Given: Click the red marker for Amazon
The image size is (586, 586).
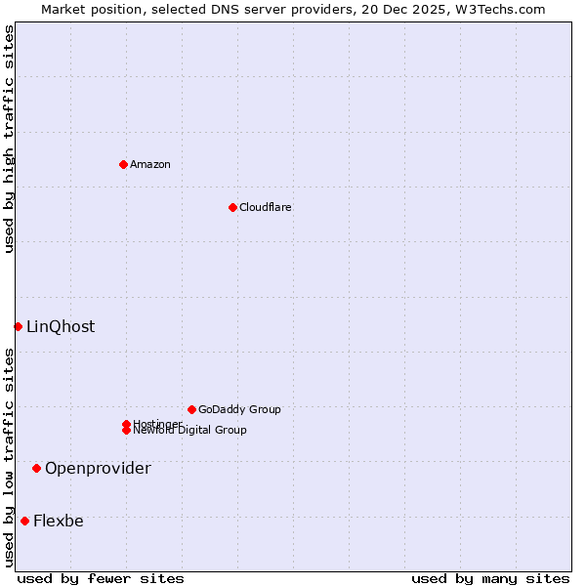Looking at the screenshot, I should [123, 164].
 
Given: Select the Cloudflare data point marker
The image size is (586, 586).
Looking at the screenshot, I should [232, 207].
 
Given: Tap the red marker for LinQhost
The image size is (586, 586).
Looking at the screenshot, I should [18, 326].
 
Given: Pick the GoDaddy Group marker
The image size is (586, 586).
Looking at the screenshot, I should [191, 409].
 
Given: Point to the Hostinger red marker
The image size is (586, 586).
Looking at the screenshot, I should [126, 424].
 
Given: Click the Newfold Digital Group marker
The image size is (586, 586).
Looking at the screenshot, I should [127, 431].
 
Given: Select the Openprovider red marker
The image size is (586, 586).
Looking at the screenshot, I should [36, 468].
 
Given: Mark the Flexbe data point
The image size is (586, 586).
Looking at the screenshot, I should [24, 521].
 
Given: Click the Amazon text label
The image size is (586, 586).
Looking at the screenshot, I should [150, 164].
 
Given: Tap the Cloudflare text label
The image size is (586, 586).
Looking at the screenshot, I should [266, 207].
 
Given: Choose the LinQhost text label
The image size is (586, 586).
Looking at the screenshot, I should [61, 326].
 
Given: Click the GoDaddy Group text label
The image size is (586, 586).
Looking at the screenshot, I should [239, 409].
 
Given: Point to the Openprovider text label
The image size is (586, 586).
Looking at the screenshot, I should [98, 468].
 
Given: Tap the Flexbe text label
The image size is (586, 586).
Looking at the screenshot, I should [59, 521].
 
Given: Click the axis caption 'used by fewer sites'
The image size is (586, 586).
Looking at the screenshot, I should [101, 578].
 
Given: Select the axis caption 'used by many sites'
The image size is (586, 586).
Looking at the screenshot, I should [490, 578].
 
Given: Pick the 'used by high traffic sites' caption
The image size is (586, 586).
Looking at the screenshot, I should [9, 139].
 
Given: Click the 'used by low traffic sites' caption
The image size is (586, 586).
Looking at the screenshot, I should [9, 457].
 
